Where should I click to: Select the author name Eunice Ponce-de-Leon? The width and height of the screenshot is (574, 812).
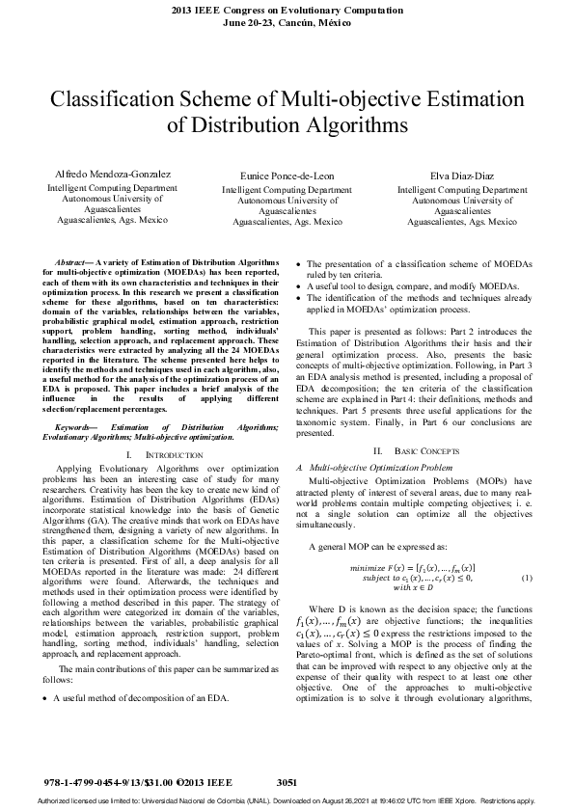(287, 178)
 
